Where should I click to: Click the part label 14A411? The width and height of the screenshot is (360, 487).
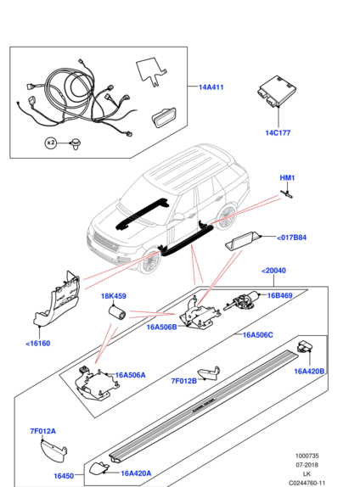pyautogui.click(x=211, y=87)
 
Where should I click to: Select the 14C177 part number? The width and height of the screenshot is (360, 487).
pyautogui.click(x=278, y=132)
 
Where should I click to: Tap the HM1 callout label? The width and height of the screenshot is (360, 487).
pyautogui.click(x=287, y=177)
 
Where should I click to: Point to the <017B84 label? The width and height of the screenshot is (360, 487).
pyautogui.click(x=291, y=238)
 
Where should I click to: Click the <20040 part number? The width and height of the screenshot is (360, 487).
pyautogui.click(x=273, y=271)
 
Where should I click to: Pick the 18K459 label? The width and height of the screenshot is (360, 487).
pyautogui.click(x=114, y=296)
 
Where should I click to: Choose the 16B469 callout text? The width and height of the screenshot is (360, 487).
pyautogui.click(x=280, y=295)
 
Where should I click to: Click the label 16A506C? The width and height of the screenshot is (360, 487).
pyautogui.click(x=258, y=335)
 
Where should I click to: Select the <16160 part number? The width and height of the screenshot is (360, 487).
pyautogui.click(x=37, y=344)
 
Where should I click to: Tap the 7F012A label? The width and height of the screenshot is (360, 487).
pyautogui.click(x=42, y=431)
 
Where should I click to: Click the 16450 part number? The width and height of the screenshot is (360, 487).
pyautogui.click(x=64, y=476)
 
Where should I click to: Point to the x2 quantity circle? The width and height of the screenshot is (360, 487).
pyautogui.click(x=50, y=143)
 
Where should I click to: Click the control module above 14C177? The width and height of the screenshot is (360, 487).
pyautogui.click(x=277, y=92)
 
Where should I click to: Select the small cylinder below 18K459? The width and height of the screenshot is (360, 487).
pyautogui.click(x=116, y=312)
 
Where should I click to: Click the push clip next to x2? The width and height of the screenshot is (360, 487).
pyautogui.click(x=76, y=143)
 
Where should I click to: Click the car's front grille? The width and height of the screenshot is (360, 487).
pyautogui.click(x=105, y=242)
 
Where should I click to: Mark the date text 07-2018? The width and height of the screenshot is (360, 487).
pyautogui.click(x=307, y=465)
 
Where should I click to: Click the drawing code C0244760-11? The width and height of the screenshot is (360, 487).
pyautogui.click(x=307, y=483)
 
